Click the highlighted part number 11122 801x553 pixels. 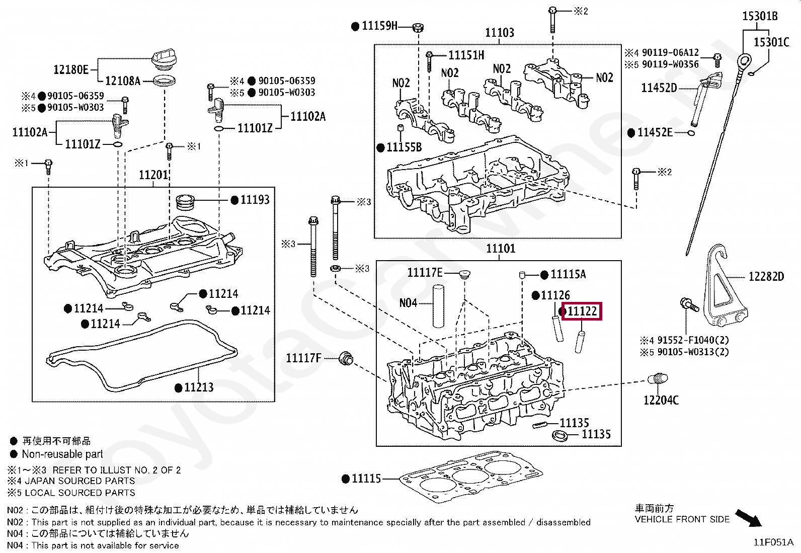pyautogui.click(x=582, y=311)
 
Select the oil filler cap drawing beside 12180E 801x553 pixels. pyautogui.click(x=164, y=61)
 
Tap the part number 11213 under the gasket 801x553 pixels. pyautogui.click(x=199, y=387)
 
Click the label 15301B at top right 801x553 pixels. pyautogui.click(x=760, y=16)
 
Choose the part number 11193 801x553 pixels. pyautogui.click(x=255, y=200)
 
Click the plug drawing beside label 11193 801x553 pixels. pyautogui.click(x=186, y=203)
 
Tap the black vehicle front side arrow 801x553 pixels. pyautogui.click(x=749, y=518)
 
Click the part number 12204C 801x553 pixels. pyautogui.click(x=661, y=400)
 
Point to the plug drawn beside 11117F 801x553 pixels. pyautogui.click(x=346, y=358)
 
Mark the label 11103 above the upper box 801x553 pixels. pyautogui.click(x=500, y=33)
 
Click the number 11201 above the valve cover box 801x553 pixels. pyautogui.click(x=153, y=175)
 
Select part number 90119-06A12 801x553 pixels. pyautogui.click(x=670, y=52)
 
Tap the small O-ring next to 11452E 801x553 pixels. pyautogui.click(x=691, y=133)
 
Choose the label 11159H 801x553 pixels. pyautogui.click(x=379, y=26)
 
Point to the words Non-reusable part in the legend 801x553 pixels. pyautogui.click(x=62, y=454)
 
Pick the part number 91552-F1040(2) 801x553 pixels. pyautogui.click(x=693, y=340)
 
